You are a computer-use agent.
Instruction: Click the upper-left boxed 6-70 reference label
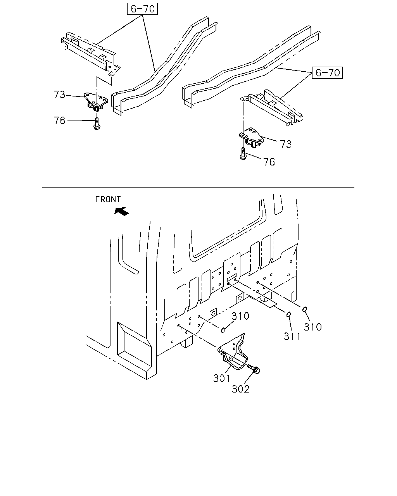point(142,9)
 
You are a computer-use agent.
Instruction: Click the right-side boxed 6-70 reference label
point(327,72)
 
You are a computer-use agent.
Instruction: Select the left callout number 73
point(59,95)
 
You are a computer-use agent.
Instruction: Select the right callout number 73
point(286,144)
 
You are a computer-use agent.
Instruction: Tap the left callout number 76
point(59,121)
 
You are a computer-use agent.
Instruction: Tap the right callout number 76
point(269,162)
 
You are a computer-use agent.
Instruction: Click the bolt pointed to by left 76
point(97,124)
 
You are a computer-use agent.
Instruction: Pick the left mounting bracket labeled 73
point(96,102)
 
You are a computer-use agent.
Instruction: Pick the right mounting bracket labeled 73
point(252,138)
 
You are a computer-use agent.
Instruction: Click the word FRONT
point(108,199)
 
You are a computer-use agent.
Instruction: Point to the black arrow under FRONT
point(122,211)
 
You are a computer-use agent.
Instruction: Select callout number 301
point(221,378)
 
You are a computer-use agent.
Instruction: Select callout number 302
point(241,389)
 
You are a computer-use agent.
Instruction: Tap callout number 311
point(292,336)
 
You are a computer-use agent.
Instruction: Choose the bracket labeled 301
point(233,352)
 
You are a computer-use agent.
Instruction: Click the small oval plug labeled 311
point(288,314)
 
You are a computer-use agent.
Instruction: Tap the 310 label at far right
point(312,327)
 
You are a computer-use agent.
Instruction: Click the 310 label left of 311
point(240,316)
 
